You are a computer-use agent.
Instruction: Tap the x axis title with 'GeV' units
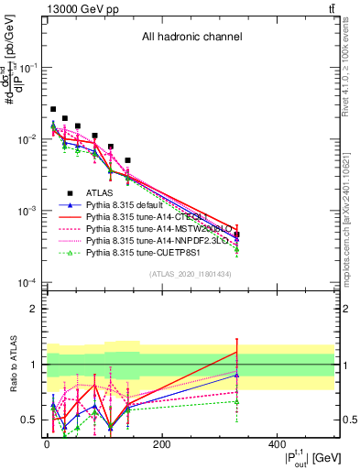click(x=311, y=457)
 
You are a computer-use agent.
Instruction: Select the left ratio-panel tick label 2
click(x=37, y=309)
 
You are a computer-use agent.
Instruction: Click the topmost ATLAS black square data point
click(x=53, y=109)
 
